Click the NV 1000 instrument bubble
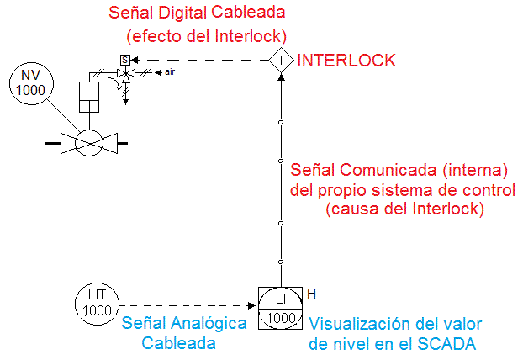click(x=31, y=82)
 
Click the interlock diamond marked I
click(x=281, y=60)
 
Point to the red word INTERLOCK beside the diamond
click(x=346, y=61)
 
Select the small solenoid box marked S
click(x=124, y=60)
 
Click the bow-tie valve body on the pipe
click(x=87, y=143)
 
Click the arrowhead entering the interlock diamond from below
click(x=281, y=76)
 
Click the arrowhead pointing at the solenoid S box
click(x=135, y=60)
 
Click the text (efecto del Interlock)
click(x=206, y=37)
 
